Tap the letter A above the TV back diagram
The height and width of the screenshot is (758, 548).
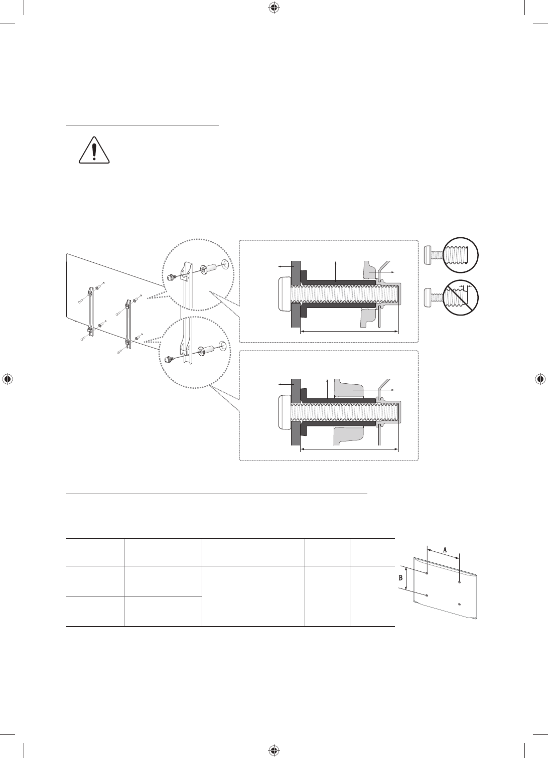(x=445, y=550)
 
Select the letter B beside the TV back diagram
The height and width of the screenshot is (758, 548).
(x=401, y=577)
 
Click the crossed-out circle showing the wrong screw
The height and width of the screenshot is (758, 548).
(x=460, y=297)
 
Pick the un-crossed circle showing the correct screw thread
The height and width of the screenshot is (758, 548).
(x=460, y=255)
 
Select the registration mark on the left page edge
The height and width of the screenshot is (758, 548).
(x=8, y=379)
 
